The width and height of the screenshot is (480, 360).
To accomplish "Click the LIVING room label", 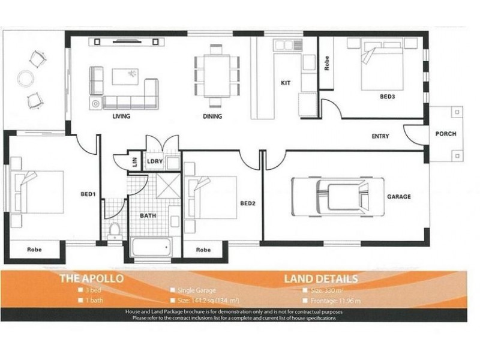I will [121, 116].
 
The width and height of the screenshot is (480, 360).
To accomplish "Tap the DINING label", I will [212, 116].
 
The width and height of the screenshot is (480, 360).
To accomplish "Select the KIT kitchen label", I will [286, 83].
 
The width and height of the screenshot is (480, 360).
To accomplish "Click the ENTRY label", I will [380, 136].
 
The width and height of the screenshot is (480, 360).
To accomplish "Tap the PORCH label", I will [445, 134].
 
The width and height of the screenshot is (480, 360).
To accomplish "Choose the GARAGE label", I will [399, 196].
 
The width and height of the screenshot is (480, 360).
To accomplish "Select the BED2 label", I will [248, 203].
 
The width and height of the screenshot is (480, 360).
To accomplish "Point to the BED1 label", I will [88, 194].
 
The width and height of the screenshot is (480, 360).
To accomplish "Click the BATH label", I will [148, 215].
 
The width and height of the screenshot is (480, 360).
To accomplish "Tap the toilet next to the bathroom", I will [115, 229].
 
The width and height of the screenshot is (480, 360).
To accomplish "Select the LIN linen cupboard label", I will [134, 162].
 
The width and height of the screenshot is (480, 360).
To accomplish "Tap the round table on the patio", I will [26, 79].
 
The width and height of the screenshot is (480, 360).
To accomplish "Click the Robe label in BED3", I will [327, 64].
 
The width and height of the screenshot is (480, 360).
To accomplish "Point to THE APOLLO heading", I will [91, 278].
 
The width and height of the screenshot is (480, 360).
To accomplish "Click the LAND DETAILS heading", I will [321, 278].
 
